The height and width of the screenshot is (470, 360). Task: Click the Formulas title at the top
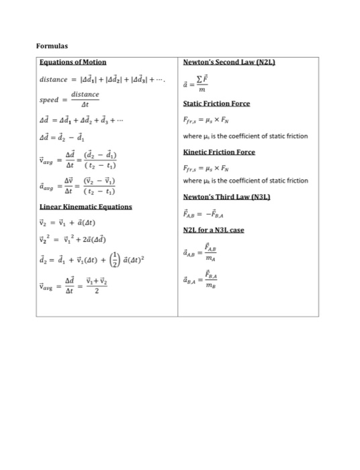pos(52,46)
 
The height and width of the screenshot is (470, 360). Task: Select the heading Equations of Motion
pos(72,62)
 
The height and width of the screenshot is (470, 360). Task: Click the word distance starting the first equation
pos(54,80)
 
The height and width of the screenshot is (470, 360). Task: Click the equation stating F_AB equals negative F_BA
pos(208,215)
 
